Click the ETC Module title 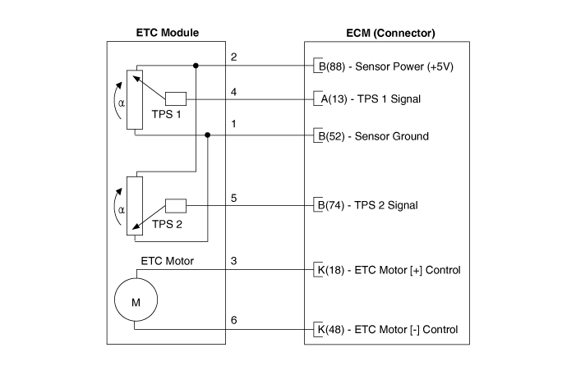[x=167, y=33]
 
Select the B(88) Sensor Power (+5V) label [x=383, y=66]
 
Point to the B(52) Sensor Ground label [x=371, y=135]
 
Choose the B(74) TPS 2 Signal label [x=371, y=204]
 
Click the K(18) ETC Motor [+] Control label [x=387, y=270]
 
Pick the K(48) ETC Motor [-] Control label [x=386, y=330]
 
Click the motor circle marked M [x=136, y=301]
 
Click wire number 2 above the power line [x=234, y=57]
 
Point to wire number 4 [x=234, y=92]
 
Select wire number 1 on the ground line [x=234, y=124]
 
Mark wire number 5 [x=234, y=197]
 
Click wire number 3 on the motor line [x=234, y=262]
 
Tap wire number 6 [x=234, y=320]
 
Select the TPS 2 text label [x=168, y=223]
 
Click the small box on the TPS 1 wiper [x=176, y=99]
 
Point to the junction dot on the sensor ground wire [x=207, y=135]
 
